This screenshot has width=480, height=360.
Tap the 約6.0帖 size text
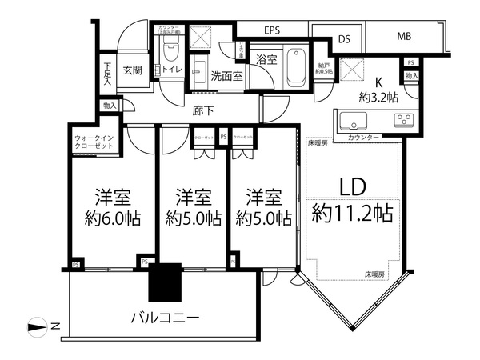tap(113, 218)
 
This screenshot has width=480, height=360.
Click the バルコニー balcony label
tap(166, 318)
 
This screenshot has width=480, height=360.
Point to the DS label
tap(345, 38)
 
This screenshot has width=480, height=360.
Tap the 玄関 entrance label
tap(132, 70)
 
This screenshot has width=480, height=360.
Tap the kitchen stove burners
tap(402, 121)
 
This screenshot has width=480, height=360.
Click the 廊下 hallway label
tap(202, 111)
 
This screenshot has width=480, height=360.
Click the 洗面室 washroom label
tap(226, 76)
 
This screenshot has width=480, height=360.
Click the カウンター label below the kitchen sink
tap(363, 138)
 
